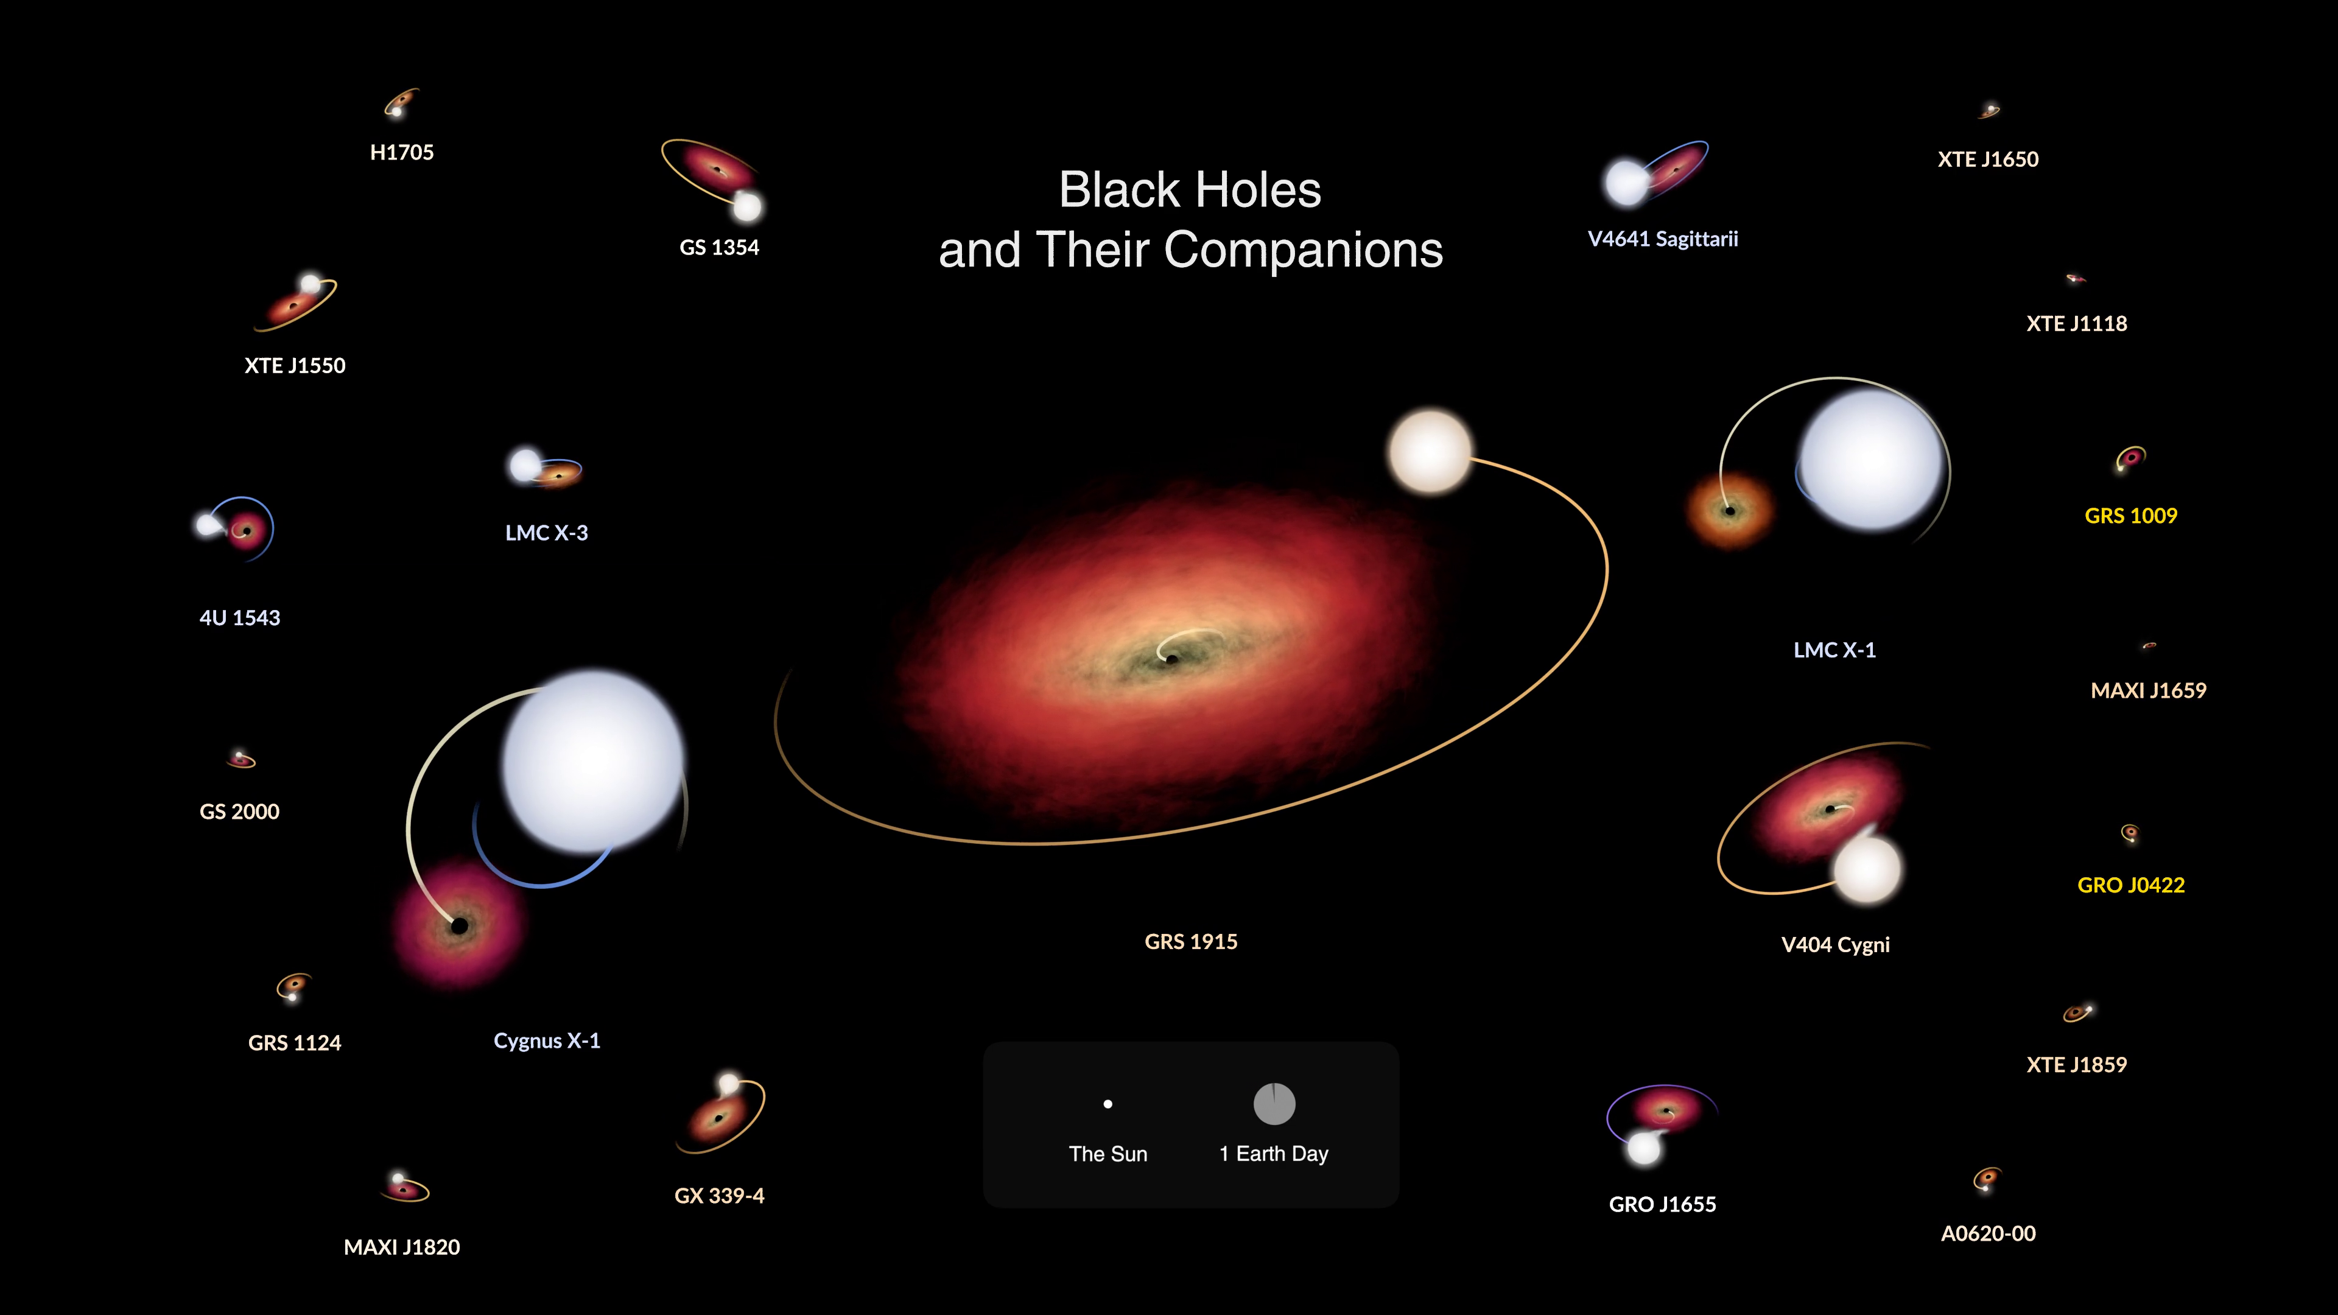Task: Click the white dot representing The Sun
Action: (1108, 1104)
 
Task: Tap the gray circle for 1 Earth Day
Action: (1274, 1104)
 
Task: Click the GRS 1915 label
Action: (1191, 941)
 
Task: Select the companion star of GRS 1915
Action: (1430, 451)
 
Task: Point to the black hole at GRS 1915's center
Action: (1171, 659)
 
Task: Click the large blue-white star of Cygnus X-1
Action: (592, 760)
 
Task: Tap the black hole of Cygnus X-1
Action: (459, 925)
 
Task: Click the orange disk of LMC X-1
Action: (1730, 511)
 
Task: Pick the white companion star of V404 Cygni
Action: (1867, 869)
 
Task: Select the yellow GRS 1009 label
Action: (2130, 516)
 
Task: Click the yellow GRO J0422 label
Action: (2130, 885)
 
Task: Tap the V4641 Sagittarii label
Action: (1663, 239)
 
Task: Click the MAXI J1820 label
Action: (401, 1247)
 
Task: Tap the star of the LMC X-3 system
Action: (525, 465)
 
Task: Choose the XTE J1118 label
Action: (2077, 323)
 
